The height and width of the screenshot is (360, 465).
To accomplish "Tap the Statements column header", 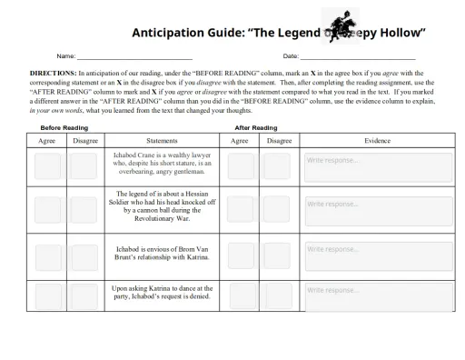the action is (162, 141).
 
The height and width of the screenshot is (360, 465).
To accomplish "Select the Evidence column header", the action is (378, 141).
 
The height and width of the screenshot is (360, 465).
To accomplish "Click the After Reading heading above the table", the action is (256, 128).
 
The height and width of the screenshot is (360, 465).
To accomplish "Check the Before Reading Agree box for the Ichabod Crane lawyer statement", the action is (47, 166).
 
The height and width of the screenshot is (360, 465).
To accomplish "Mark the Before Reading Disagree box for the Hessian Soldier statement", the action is (84, 208).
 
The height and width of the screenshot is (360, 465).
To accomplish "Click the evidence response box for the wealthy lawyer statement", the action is (378, 166).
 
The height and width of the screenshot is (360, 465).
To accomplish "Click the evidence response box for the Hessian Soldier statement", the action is (378, 208).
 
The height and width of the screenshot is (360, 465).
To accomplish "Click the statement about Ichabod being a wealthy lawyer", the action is (162, 164).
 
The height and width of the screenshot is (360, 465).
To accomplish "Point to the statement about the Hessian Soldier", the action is (162, 206).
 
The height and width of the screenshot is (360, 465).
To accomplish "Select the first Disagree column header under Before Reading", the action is (85, 141).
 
